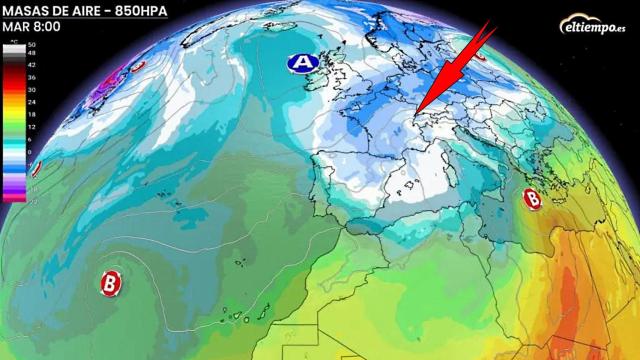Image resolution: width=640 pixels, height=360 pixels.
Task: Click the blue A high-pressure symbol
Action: point(300,63)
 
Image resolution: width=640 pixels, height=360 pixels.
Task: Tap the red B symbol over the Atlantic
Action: point(110,282)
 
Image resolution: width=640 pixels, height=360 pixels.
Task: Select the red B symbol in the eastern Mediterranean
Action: point(532,200)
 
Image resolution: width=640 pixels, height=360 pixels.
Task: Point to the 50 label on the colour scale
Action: point(31,46)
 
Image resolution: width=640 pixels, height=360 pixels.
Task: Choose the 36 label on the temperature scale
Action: point(31,76)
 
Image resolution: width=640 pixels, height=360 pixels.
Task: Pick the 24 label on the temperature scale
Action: point(31,100)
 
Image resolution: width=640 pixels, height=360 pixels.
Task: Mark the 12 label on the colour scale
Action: point(31,126)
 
